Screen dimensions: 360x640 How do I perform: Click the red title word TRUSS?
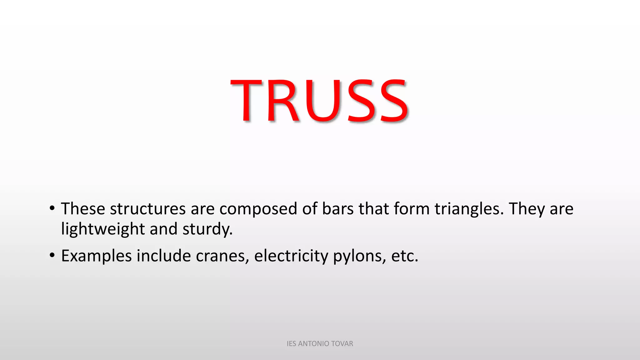319,100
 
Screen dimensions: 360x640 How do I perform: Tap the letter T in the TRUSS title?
246,100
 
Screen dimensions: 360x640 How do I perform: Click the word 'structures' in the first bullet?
148,209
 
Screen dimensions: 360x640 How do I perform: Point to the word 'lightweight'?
103,229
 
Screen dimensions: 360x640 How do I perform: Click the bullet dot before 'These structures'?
52,208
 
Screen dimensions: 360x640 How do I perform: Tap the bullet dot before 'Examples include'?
52,255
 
